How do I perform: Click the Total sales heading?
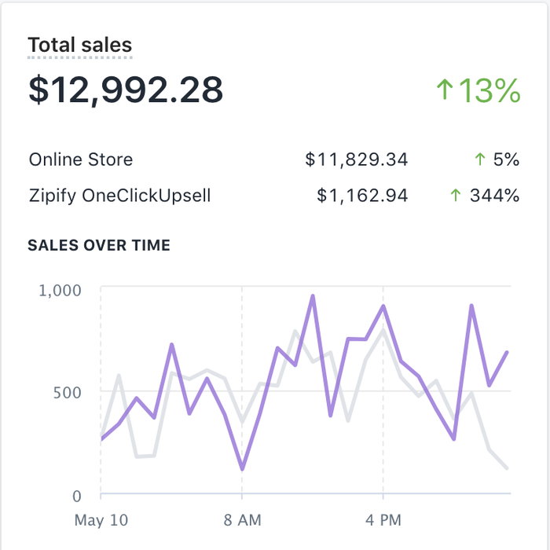coord(80,46)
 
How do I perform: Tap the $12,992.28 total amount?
coord(126,90)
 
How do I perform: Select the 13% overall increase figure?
coord(489,91)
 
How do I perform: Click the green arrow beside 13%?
coord(445,90)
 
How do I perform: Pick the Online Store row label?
coord(81,159)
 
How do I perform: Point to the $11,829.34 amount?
coord(357,160)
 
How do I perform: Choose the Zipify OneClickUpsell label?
coord(120,196)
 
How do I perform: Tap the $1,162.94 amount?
coord(362,196)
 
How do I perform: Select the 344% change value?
coord(494,196)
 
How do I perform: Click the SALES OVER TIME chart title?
coord(99,245)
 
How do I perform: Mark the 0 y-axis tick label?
coord(76,496)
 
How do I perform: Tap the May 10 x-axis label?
coord(101,520)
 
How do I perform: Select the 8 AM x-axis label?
coord(242,520)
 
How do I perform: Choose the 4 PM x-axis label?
coord(383,520)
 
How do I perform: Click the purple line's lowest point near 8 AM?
coord(242,469)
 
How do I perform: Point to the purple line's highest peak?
coord(313,296)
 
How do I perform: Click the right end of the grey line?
coord(507,468)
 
